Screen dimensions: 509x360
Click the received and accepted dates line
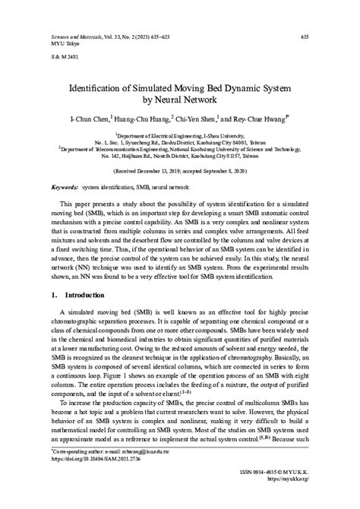pyautogui.click(x=180, y=172)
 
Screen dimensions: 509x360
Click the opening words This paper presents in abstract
pyautogui.click(x=90, y=205)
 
